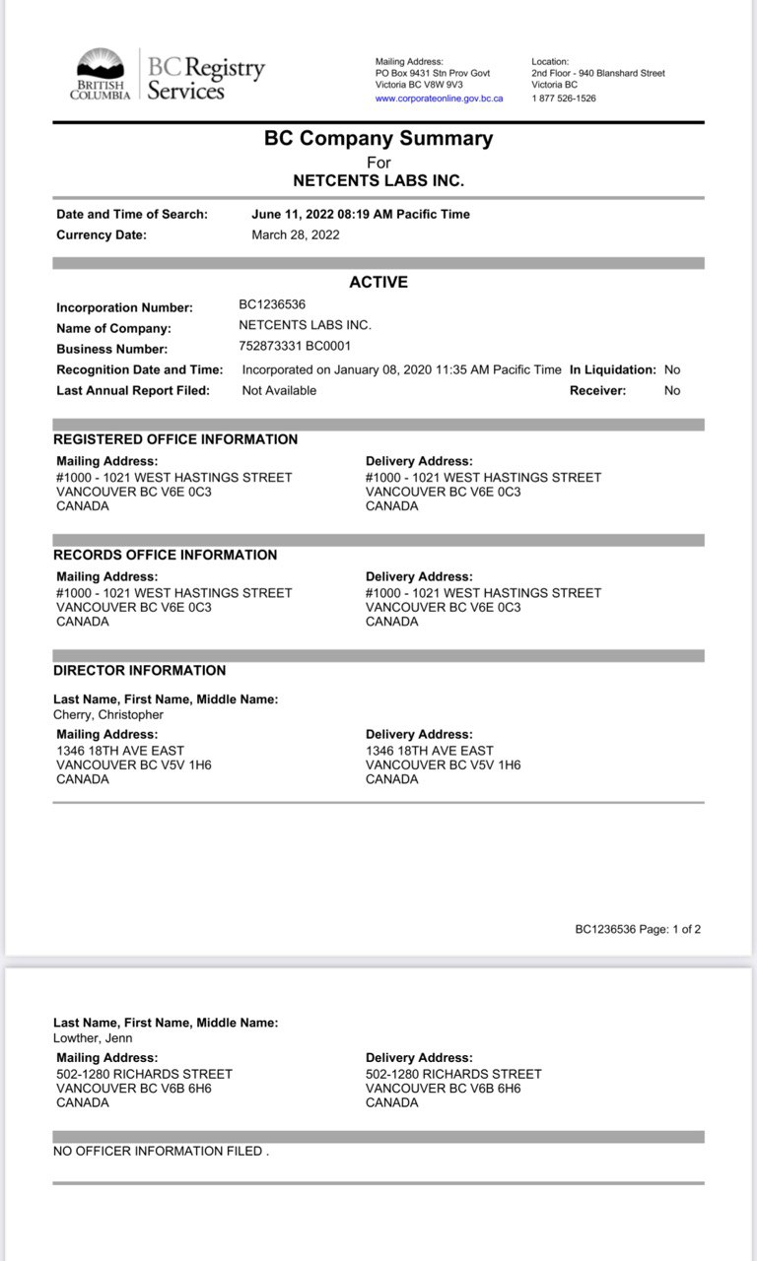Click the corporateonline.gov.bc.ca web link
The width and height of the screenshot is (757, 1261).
point(439,99)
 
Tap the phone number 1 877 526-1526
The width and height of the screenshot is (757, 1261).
point(564,99)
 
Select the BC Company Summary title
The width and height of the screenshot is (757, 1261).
point(378,139)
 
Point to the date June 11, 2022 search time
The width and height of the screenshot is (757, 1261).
point(361,215)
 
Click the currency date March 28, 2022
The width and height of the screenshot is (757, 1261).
point(296,235)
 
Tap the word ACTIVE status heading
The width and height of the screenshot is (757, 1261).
point(378,283)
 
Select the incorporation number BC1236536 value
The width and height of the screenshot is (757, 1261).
point(272,305)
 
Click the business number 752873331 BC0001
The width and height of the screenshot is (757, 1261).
point(295,347)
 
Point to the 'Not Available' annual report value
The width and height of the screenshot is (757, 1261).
point(279,391)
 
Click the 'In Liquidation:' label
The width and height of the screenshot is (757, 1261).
point(612,370)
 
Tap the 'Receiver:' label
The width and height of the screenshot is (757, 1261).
point(597,391)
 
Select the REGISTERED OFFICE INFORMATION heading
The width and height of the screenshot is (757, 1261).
point(175,439)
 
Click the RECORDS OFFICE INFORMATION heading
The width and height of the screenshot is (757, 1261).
point(166,555)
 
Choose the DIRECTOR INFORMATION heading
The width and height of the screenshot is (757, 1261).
point(140,671)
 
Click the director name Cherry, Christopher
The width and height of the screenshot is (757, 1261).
point(108,715)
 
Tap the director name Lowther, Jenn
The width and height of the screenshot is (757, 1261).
point(93,1038)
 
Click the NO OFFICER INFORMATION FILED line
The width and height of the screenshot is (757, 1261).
point(161,1151)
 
